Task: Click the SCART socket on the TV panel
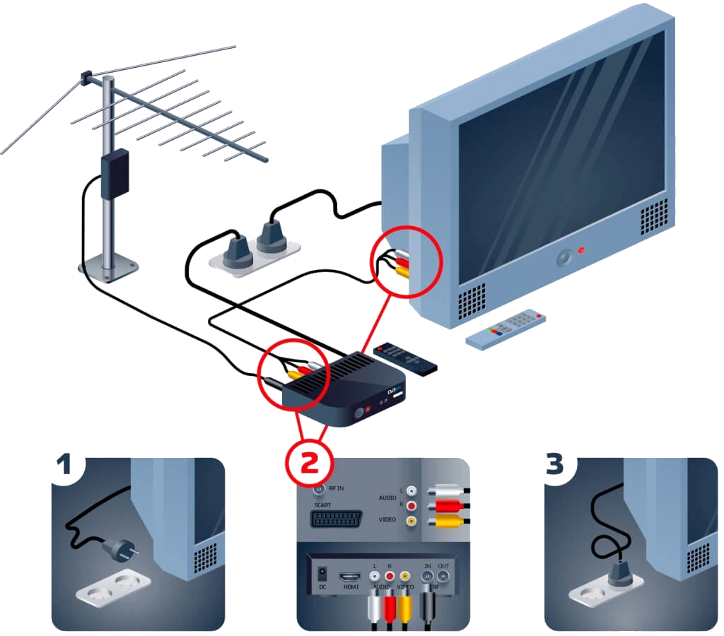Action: click(x=337, y=519)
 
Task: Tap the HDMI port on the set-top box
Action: click(x=349, y=577)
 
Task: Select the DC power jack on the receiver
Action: click(x=322, y=574)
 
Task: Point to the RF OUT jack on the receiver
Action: click(x=443, y=576)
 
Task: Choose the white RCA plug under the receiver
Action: click(x=373, y=608)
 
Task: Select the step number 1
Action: click(x=65, y=464)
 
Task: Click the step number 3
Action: click(x=555, y=464)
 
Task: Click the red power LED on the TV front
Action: click(x=581, y=249)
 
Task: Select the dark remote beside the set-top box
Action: click(x=407, y=359)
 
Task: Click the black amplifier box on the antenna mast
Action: click(x=114, y=175)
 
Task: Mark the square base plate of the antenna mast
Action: click(x=108, y=268)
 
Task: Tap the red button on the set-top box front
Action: click(x=368, y=409)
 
